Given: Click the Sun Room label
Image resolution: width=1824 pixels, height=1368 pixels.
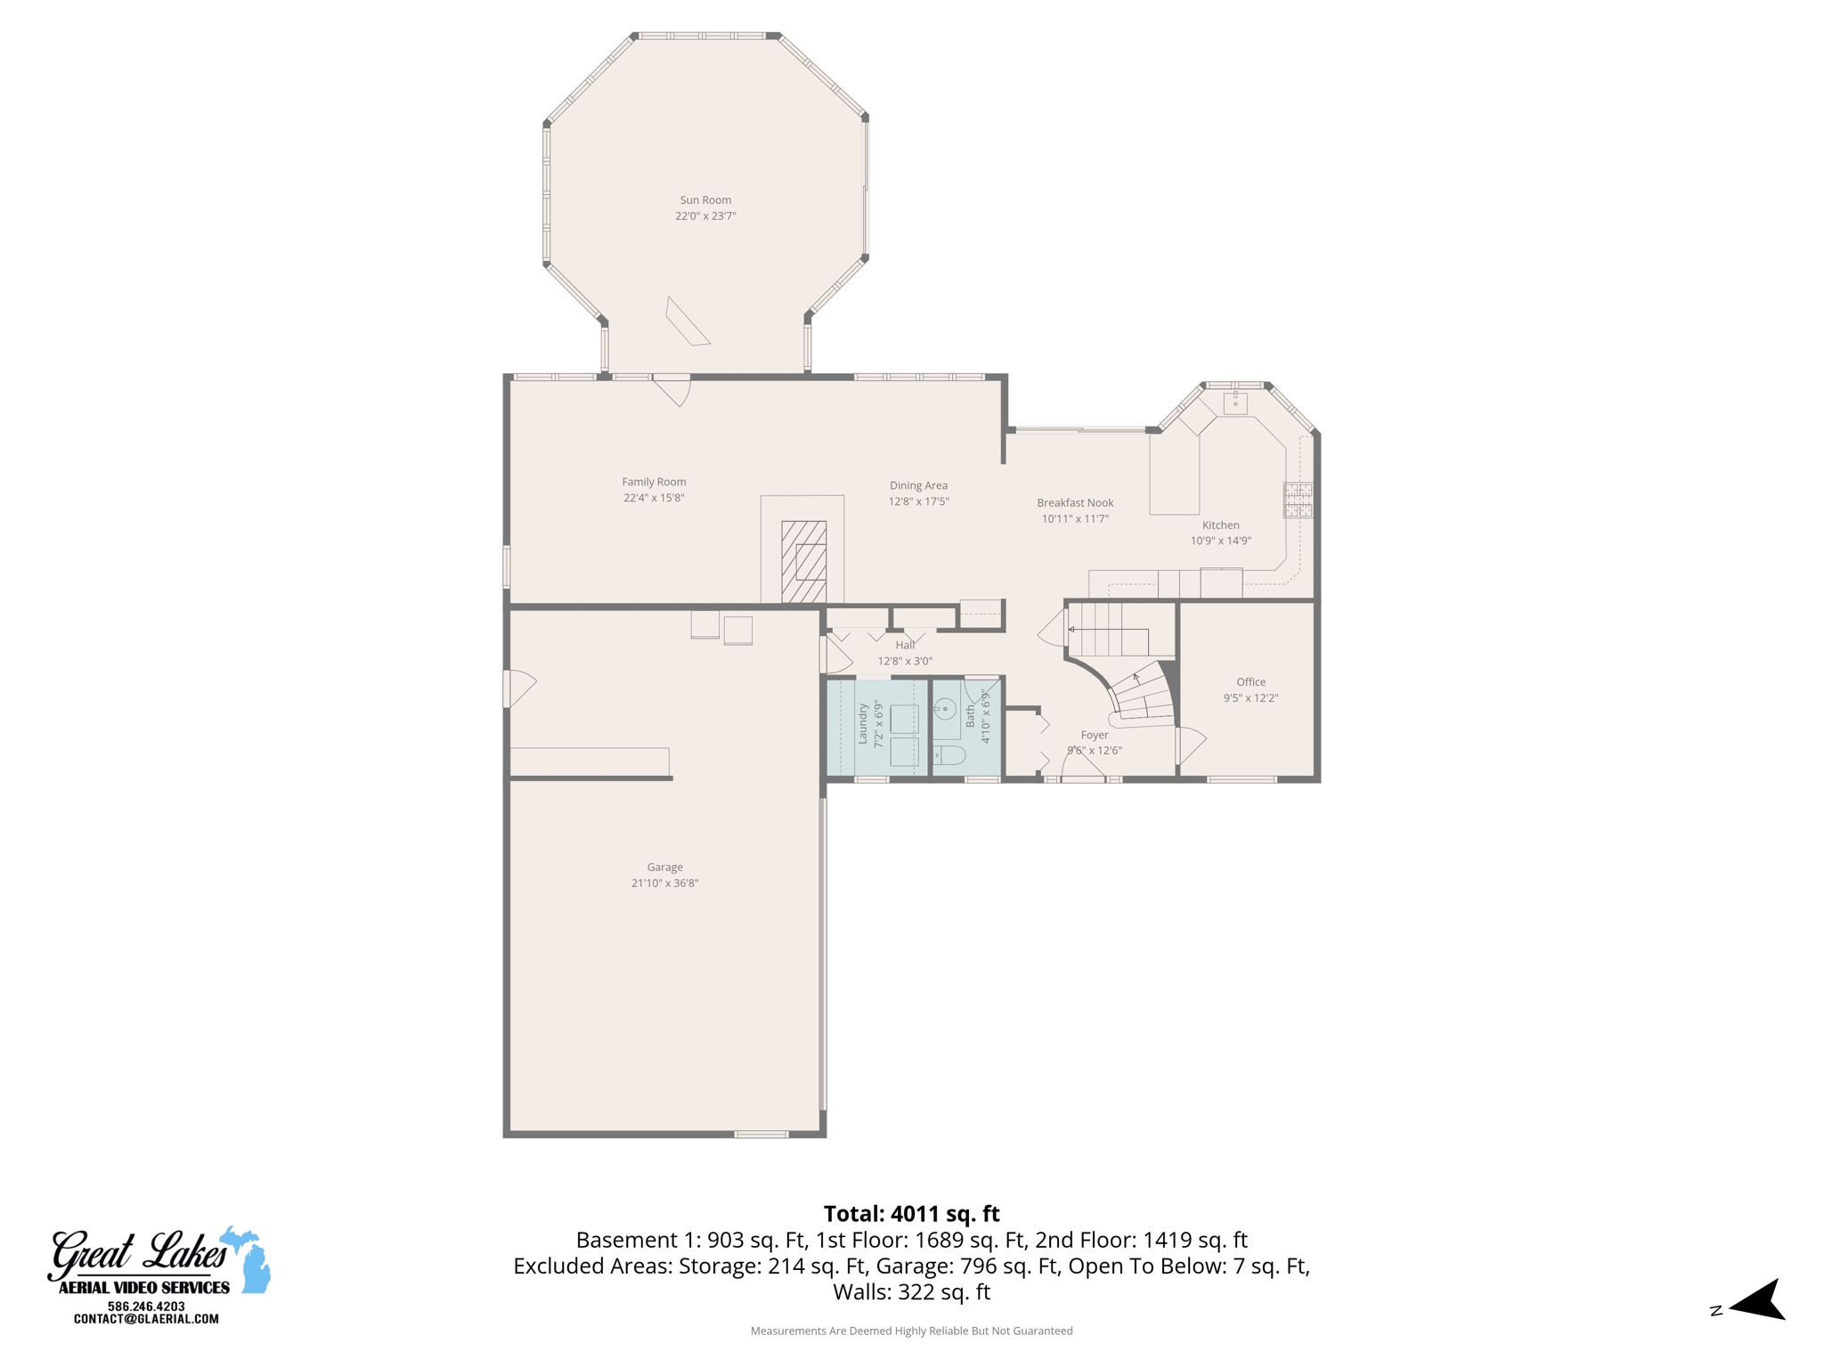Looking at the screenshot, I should click(705, 200).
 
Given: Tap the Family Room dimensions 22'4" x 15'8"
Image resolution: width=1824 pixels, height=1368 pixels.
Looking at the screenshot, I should click(654, 498).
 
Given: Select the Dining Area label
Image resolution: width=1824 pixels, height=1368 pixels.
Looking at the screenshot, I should click(918, 485).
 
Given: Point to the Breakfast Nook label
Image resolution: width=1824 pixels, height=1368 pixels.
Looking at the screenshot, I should click(1075, 502).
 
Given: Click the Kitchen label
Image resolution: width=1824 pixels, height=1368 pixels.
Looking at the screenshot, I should click(1220, 525).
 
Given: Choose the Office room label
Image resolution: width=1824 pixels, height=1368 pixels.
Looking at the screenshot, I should click(1250, 682).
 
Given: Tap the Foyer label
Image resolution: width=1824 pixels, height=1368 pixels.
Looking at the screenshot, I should click(1094, 735).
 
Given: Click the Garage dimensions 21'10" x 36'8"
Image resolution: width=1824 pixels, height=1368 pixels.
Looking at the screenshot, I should click(664, 883).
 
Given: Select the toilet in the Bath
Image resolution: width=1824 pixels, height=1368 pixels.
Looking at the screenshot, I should click(949, 756).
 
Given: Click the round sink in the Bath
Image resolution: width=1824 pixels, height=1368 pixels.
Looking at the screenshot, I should click(945, 710).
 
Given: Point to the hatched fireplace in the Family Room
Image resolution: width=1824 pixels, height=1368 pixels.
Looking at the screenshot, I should click(803, 562).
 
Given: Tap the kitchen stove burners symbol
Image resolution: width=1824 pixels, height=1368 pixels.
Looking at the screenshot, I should click(1297, 500).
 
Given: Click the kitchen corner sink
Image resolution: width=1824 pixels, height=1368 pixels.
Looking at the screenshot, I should click(1235, 403).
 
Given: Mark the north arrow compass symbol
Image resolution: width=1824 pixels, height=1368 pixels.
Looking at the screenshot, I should click(1759, 1301).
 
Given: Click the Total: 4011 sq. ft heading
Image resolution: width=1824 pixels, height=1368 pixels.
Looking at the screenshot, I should click(911, 1214).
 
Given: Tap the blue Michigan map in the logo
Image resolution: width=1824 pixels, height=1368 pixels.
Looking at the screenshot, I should click(249, 1259).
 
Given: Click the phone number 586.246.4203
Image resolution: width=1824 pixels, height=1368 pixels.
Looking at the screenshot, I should click(146, 1307).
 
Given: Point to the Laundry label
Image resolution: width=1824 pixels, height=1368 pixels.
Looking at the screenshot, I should click(862, 723).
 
